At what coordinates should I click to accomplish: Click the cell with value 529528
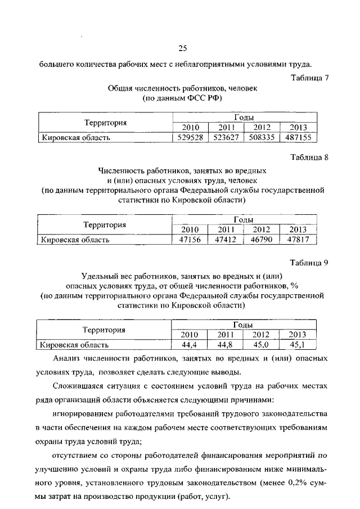point(190,137)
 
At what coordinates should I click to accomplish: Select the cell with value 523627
point(226,137)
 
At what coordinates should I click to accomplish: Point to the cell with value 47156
point(190,240)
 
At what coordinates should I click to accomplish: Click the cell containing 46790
point(262,240)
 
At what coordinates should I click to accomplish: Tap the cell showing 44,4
point(190,345)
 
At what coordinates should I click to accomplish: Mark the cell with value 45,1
point(296,345)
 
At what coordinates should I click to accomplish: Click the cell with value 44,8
point(226,345)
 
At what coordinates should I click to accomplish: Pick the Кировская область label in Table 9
point(74,345)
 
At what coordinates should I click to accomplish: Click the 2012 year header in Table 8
point(262,229)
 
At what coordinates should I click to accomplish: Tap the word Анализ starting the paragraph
point(67,359)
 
